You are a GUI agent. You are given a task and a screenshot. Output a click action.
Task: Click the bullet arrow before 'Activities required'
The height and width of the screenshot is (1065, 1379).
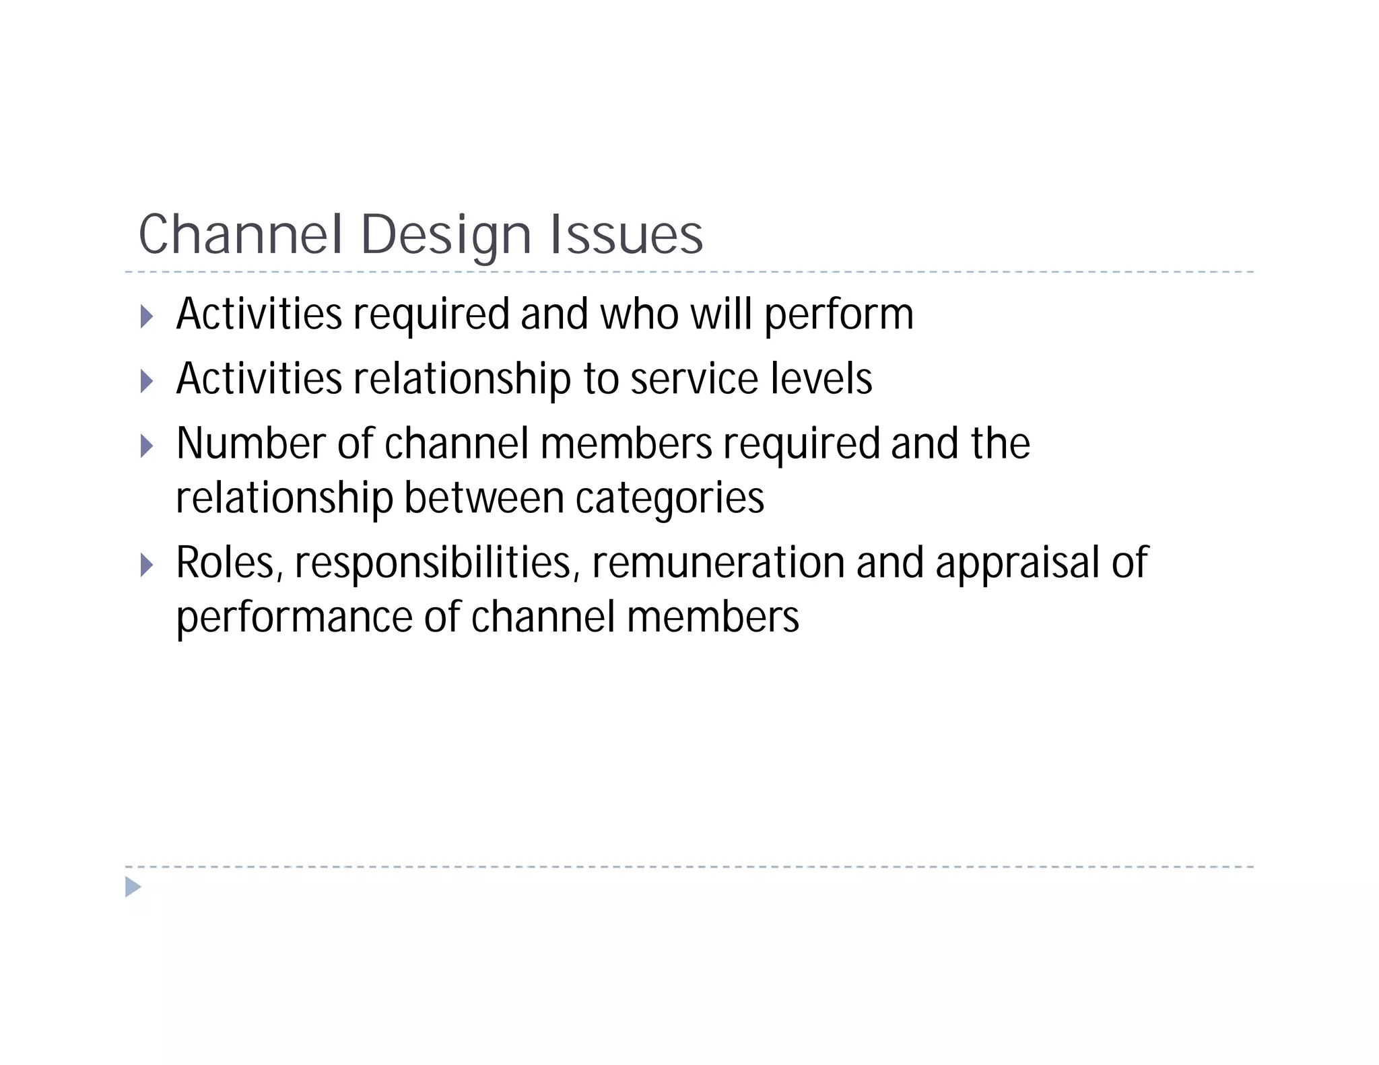147,316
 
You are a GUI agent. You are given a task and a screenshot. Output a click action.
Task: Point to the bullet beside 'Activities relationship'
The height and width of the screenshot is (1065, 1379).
147,381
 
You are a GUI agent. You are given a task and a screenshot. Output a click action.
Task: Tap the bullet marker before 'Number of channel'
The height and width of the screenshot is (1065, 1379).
147,446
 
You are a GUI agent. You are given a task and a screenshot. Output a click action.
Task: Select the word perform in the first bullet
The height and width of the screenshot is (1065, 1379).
838,316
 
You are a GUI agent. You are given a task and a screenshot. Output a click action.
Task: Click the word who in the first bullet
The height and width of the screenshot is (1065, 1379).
639,314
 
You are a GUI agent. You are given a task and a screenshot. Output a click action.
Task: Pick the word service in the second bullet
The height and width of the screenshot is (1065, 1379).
694,379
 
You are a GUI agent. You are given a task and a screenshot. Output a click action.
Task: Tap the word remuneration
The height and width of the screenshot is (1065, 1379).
718,563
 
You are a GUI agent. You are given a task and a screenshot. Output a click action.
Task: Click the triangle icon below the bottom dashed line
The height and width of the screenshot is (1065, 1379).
133,887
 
